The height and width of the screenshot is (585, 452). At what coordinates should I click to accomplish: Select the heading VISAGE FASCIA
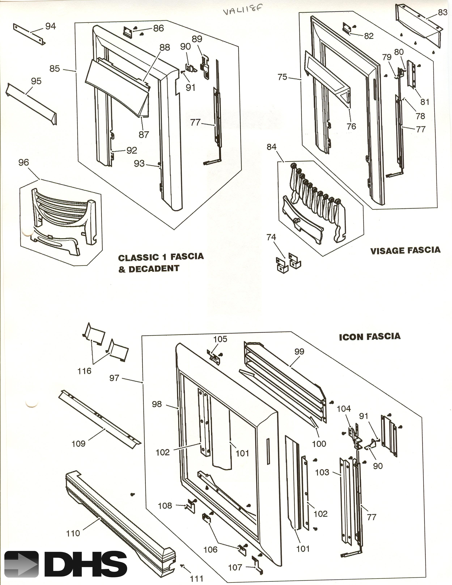(405, 251)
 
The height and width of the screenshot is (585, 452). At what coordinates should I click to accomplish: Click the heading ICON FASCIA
(370, 336)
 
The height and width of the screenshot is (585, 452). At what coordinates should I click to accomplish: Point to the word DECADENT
(154, 269)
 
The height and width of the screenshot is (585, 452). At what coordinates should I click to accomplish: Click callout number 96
(24, 162)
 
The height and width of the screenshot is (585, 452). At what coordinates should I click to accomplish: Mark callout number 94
(51, 26)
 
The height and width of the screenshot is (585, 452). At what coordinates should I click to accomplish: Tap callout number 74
(271, 237)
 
